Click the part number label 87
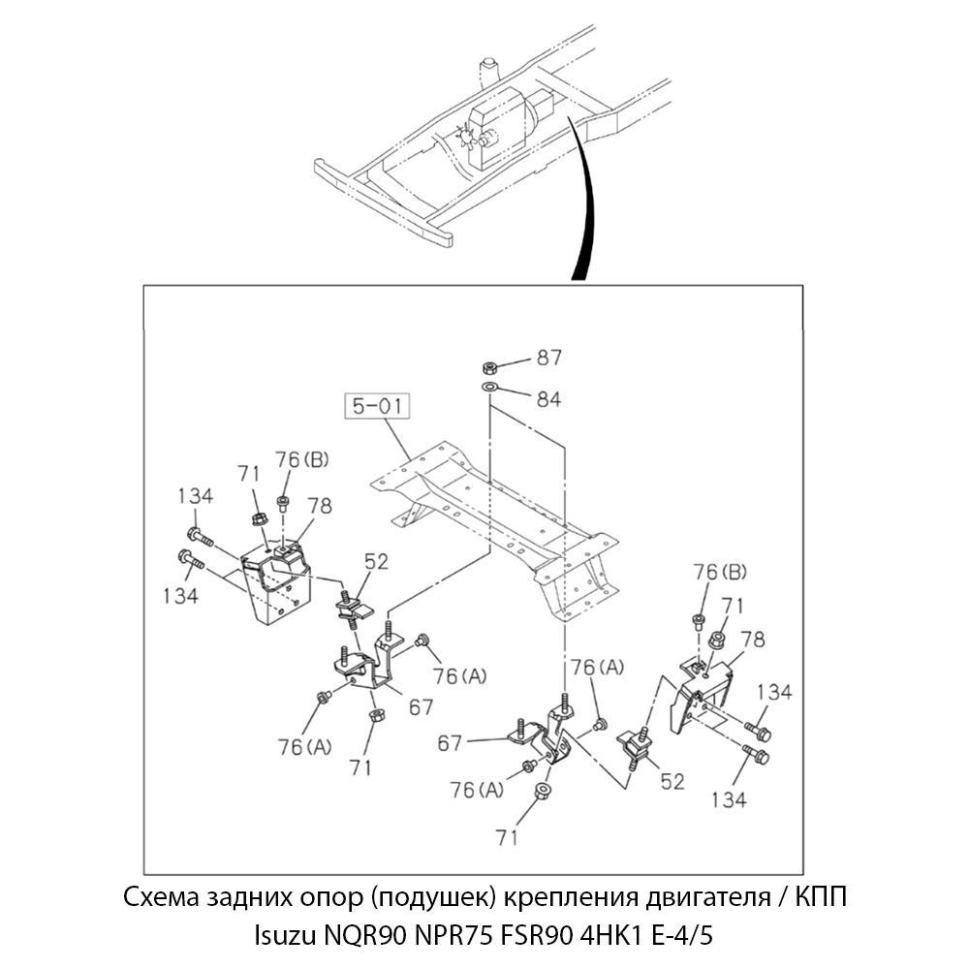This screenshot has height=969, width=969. pos(549,359)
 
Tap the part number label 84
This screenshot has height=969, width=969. pos(548,398)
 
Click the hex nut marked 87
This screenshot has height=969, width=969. pos(490,368)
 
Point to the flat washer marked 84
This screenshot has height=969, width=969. pos(490,390)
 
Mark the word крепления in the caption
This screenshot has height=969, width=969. pos(552,897)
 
